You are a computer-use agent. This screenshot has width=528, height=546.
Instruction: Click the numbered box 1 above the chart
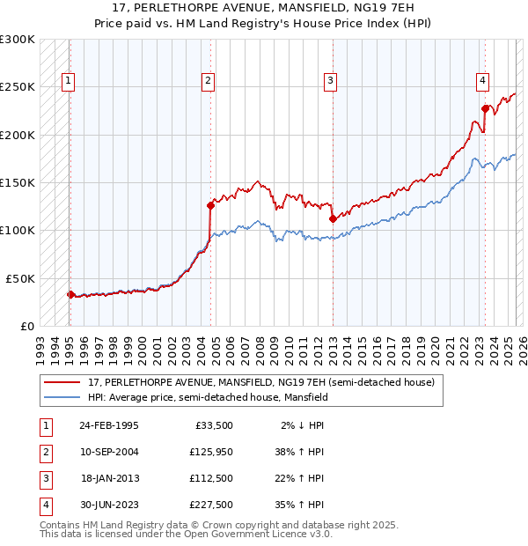pos(68,82)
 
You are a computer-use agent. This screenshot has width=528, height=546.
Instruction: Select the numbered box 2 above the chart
pos(208,82)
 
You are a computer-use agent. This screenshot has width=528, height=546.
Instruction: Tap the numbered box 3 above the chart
pos(330,82)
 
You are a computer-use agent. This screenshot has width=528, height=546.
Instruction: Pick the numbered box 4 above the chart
pos(483,82)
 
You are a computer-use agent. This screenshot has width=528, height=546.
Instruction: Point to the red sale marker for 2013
pos(333,218)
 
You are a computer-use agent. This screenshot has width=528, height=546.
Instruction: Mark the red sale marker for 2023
pos(485,108)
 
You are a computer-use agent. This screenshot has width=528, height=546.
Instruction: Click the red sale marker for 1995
pos(70,294)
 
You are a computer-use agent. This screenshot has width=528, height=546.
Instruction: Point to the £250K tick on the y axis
pos(18,87)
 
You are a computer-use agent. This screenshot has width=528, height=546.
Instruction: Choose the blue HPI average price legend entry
pos(208,398)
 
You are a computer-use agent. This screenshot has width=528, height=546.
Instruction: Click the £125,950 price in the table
pos(210,452)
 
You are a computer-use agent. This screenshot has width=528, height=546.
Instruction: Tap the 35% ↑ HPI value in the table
pos(300,505)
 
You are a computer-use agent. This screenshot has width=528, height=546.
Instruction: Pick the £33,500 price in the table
pos(213,425)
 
